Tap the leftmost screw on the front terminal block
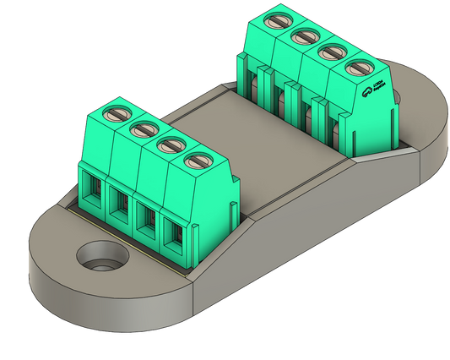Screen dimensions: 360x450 click(x=117, y=114)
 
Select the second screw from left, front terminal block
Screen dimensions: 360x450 click(x=144, y=129)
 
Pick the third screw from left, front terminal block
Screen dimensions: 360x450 click(x=171, y=144)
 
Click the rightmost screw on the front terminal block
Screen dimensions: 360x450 click(x=198, y=159)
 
